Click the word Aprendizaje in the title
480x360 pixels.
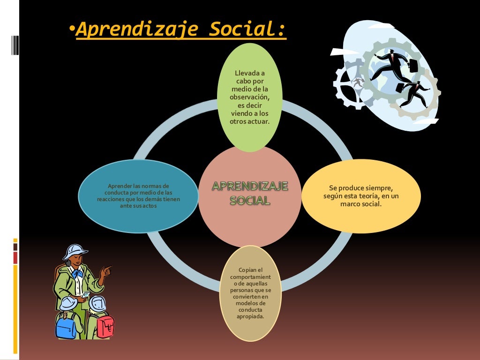pyautogui.click(x=137, y=30)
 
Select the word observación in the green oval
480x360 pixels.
pyautogui.click(x=249, y=97)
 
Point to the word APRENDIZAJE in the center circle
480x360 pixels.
pyautogui.click(x=250, y=186)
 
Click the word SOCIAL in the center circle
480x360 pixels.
pyautogui.click(x=250, y=201)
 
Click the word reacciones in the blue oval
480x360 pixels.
pyautogui.click(x=109, y=199)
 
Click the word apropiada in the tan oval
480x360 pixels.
pyautogui.click(x=250, y=316)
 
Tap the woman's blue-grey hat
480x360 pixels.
pyautogui.click(x=75, y=252)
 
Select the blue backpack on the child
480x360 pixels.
pyautogui.click(x=66, y=328)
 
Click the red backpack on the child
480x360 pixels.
pyautogui.click(x=105, y=326)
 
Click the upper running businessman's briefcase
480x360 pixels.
pyautogui.click(x=413, y=66)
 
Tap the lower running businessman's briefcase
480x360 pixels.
pyautogui.click(x=400, y=88)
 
